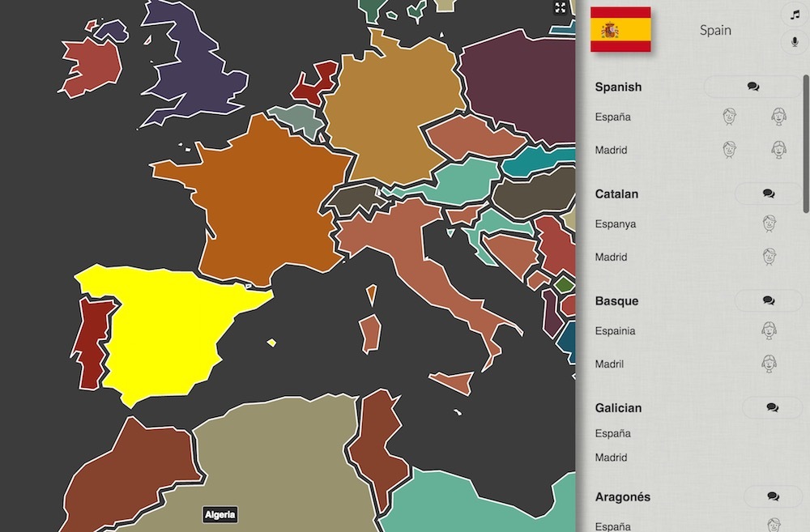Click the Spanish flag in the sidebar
coord(620,29)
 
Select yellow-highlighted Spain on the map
coord(170,324)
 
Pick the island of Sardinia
coord(369,333)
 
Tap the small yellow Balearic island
coord(271,343)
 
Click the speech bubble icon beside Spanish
coord(753,87)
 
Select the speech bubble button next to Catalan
coord(769,194)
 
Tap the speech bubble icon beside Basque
coord(769,300)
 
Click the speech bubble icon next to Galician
coord(772,408)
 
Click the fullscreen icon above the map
coord(561,8)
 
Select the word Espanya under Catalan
coord(616,223)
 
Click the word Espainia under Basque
coord(615,330)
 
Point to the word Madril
coord(610,364)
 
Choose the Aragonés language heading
coord(623,496)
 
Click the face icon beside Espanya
coord(769,223)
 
